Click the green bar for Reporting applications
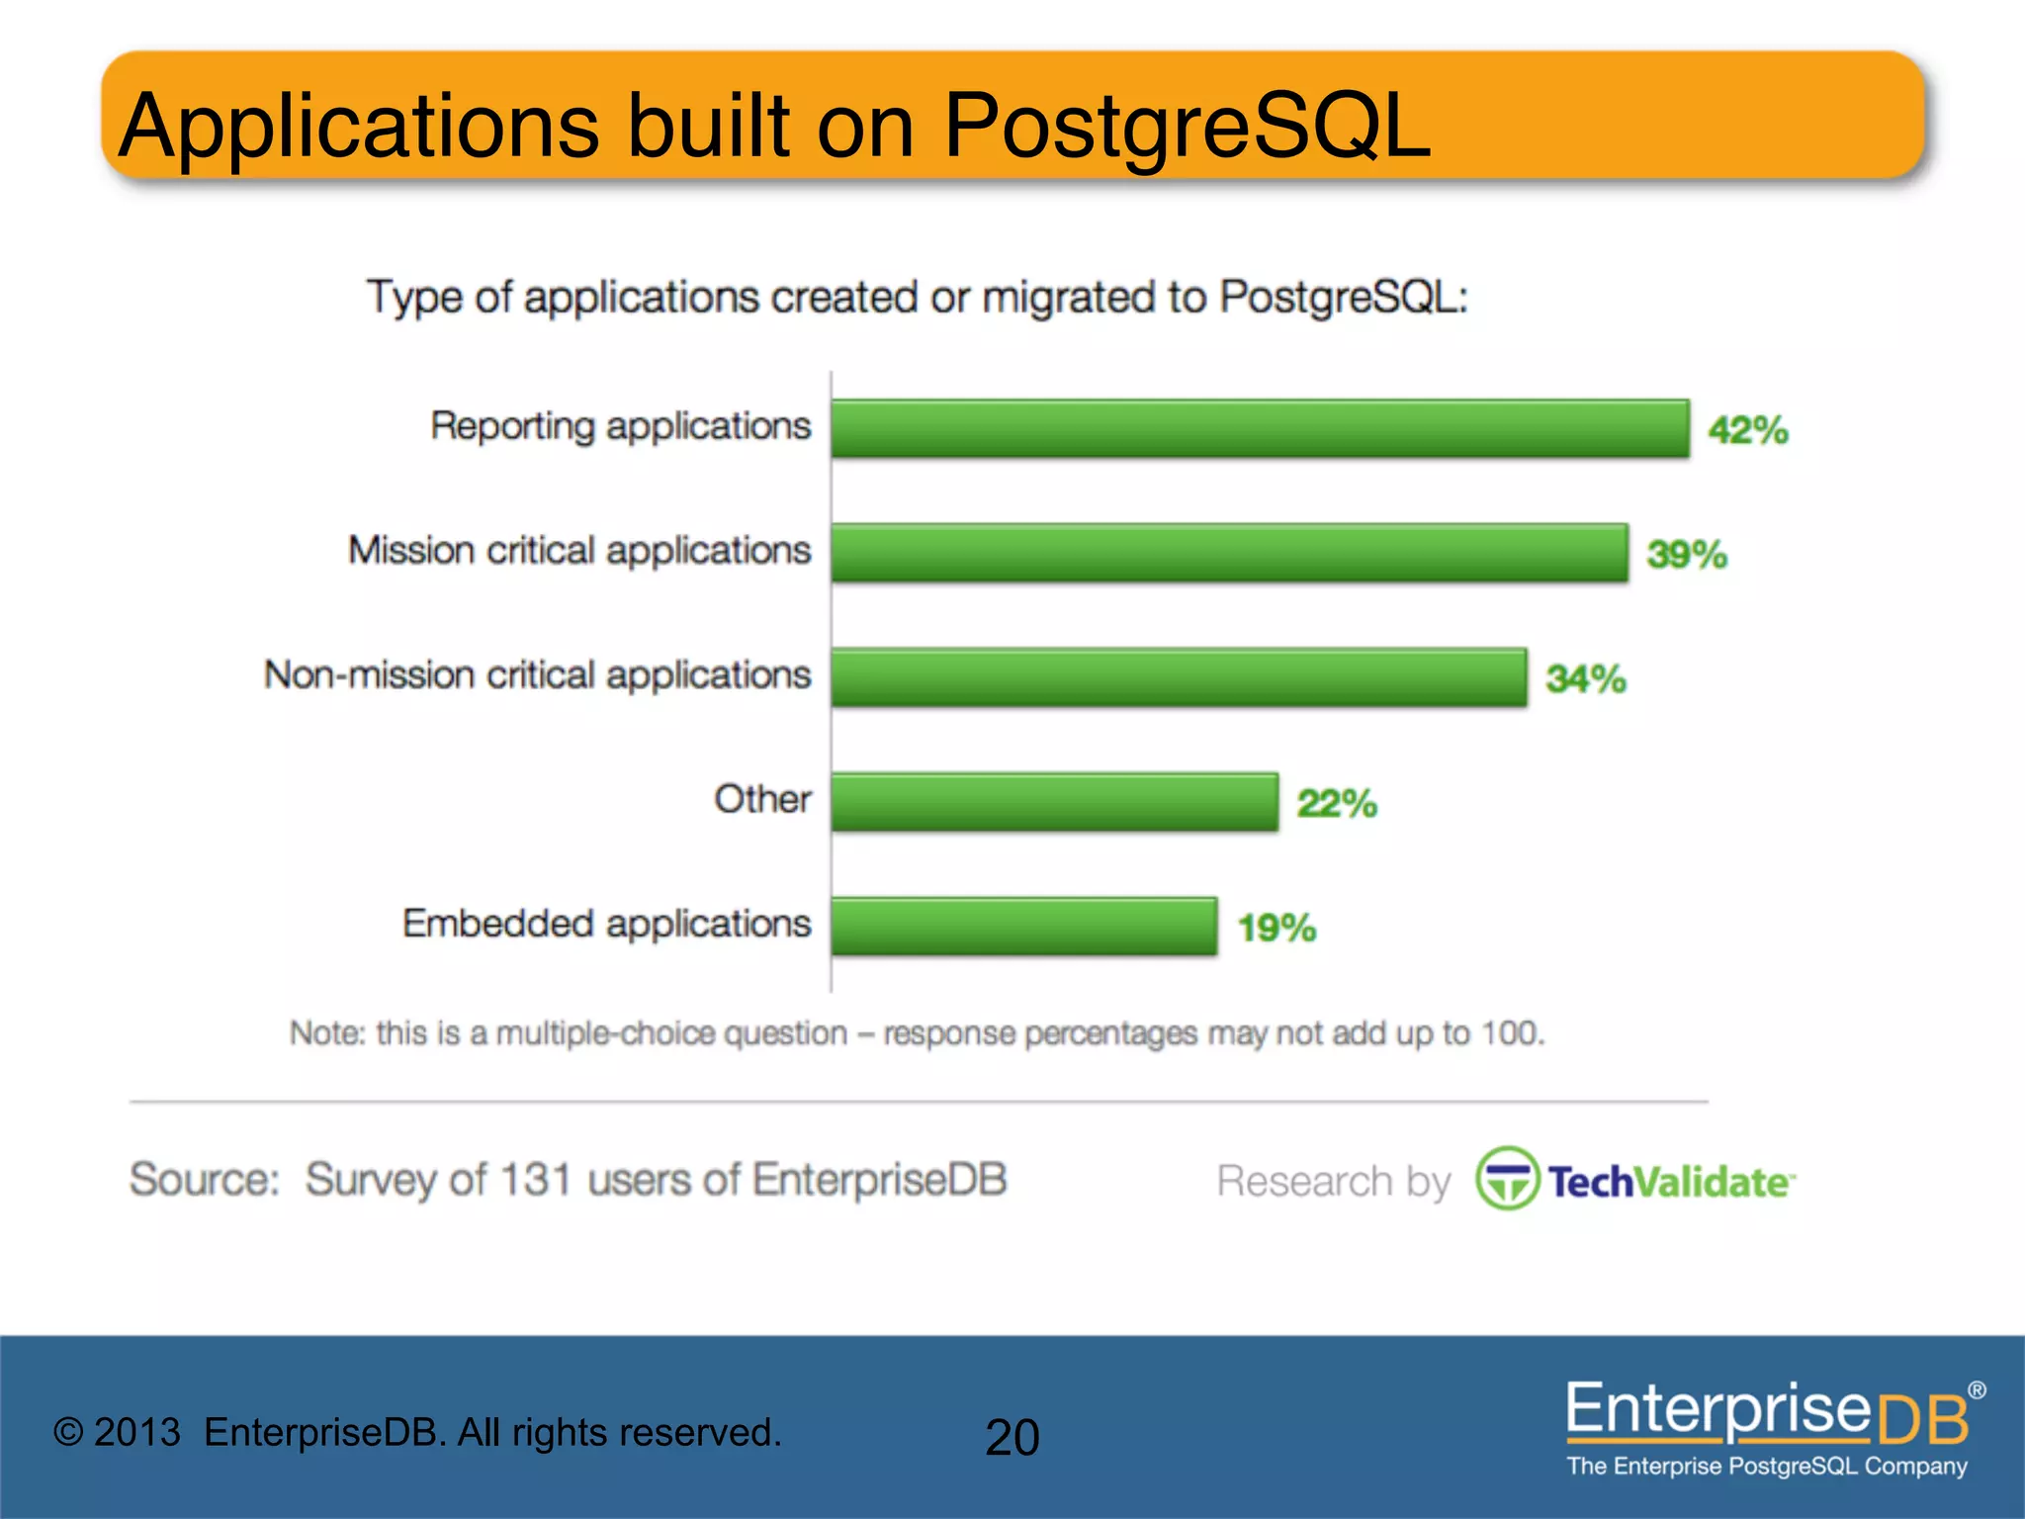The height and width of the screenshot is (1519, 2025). click(x=1260, y=428)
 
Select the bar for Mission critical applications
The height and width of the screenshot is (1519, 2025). click(x=1229, y=553)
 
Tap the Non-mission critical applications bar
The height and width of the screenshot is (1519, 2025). click(x=1179, y=677)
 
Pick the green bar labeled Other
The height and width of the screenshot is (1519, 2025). click(x=1054, y=802)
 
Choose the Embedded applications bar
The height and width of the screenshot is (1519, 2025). click(x=1023, y=927)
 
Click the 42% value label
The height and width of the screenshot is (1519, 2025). click(x=1748, y=430)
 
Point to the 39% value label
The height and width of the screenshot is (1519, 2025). click(x=1687, y=555)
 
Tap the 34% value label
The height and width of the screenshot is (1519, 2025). click(x=1586, y=679)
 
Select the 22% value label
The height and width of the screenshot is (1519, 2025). click(x=1337, y=804)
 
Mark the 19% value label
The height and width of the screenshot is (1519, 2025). click(x=1277, y=929)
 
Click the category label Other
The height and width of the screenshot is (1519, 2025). click(x=762, y=799)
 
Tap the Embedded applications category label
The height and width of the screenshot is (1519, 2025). click(x=606, y=924)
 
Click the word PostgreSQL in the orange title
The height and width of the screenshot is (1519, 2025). click(x=1187, y=127)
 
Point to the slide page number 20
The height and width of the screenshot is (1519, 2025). click(x=1012, y=1437)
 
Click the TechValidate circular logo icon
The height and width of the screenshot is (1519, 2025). click(x=1507, y=1179)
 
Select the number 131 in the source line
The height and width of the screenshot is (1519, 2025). click(x=535, y=1179)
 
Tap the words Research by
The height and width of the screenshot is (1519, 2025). click(x=1333, y=1181)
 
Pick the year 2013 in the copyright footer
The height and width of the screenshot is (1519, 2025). click(x=137, y=1433)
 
